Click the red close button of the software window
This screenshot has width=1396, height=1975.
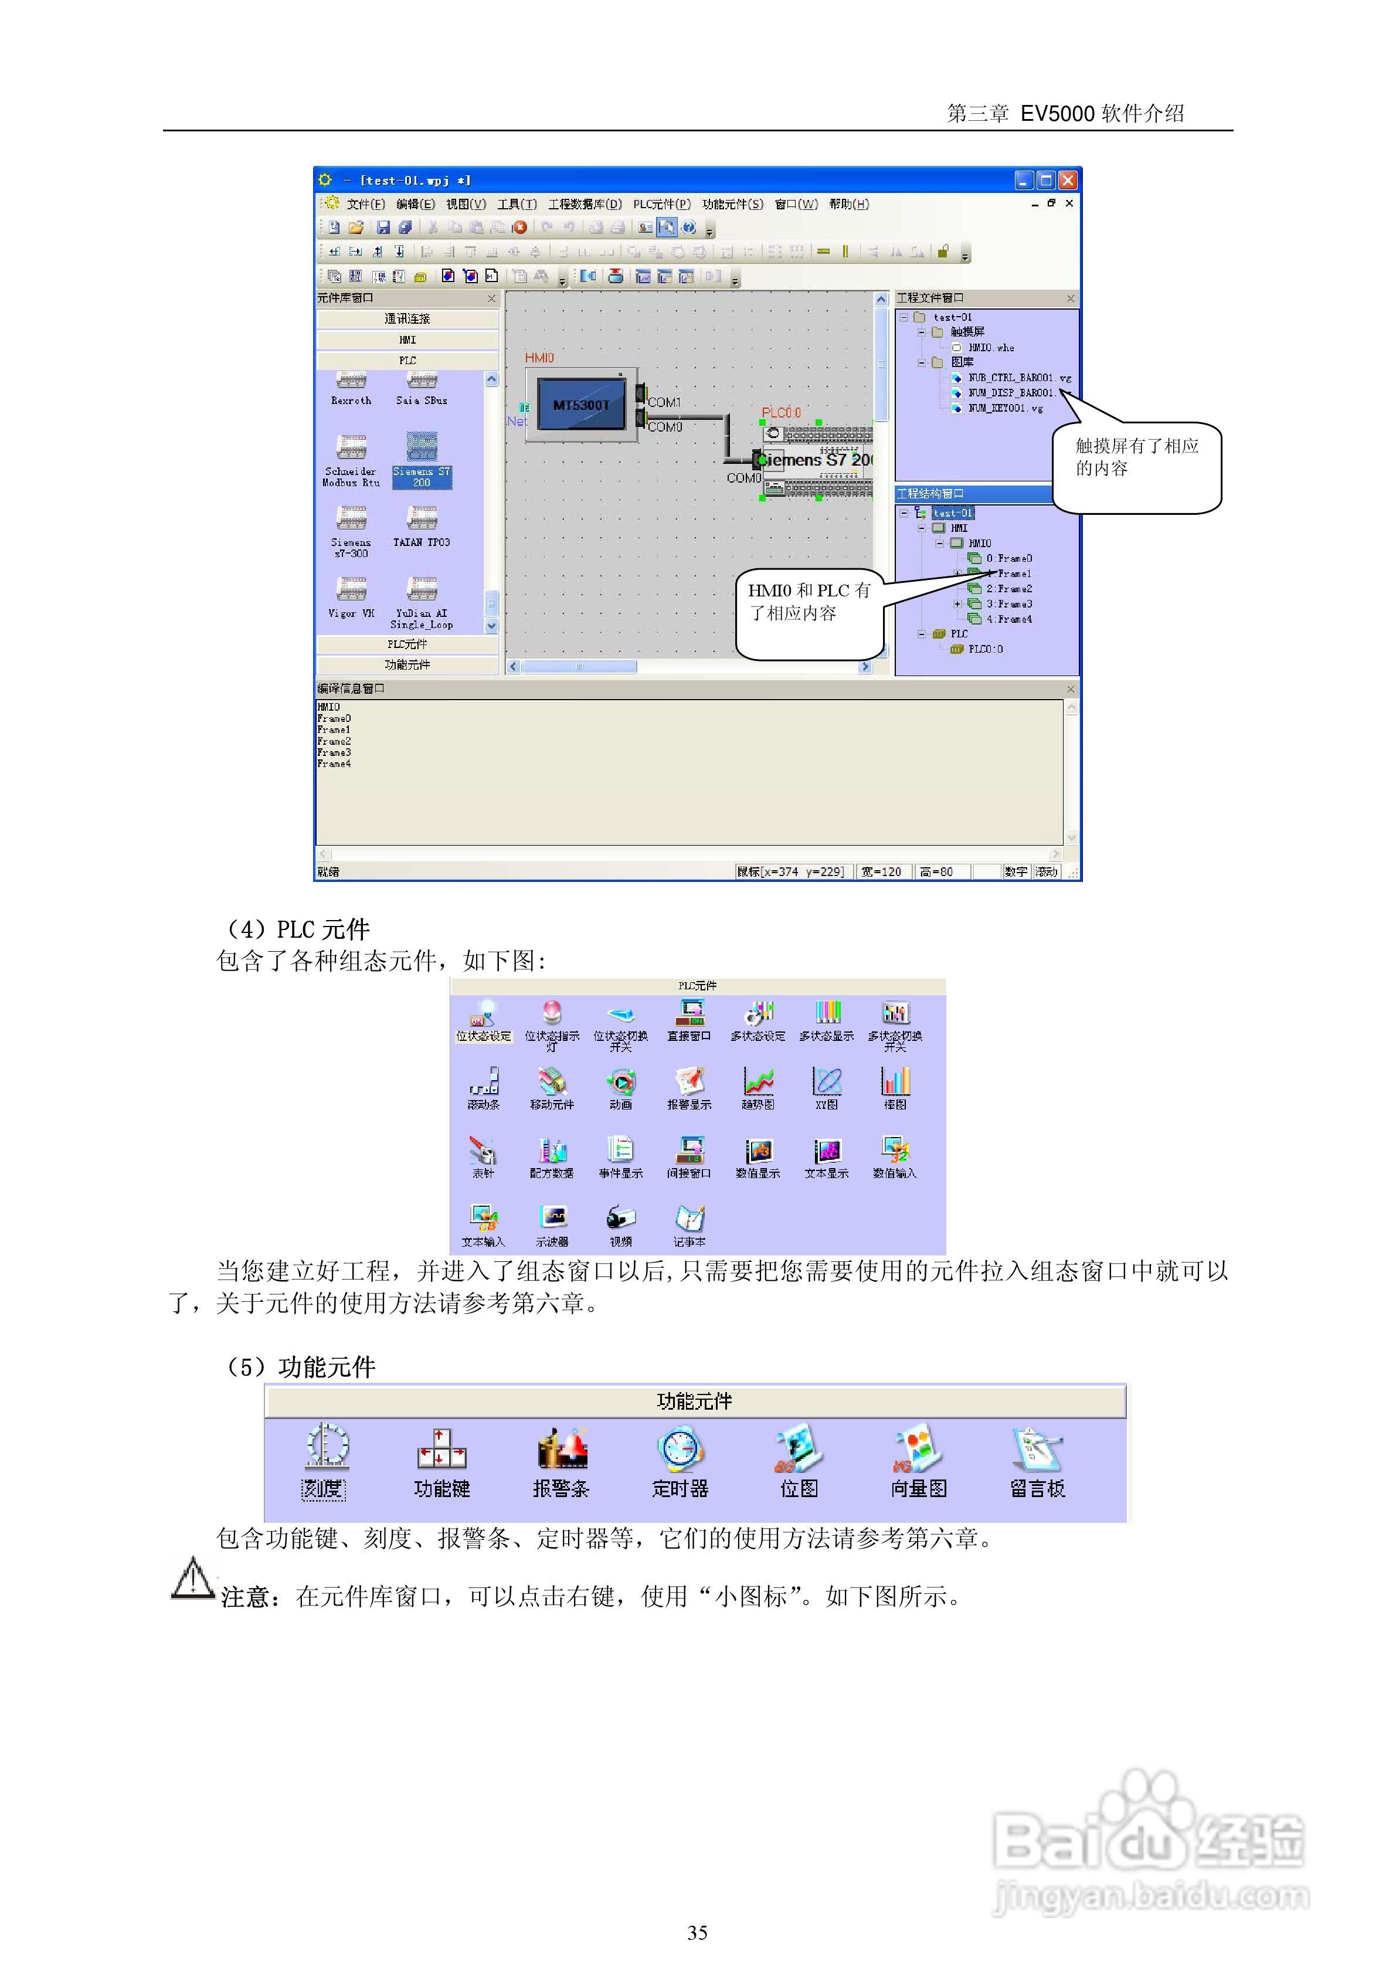[x=1068, y=180]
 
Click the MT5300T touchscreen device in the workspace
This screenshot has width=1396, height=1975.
[x=582, y=404]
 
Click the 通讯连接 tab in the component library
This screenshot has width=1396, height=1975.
[x=407, y=319]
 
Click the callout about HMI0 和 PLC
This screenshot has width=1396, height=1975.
[x=809, y=602]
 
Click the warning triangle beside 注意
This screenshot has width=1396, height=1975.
[x=193, y=1579]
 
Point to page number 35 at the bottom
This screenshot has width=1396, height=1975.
[x=698, y=1933]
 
